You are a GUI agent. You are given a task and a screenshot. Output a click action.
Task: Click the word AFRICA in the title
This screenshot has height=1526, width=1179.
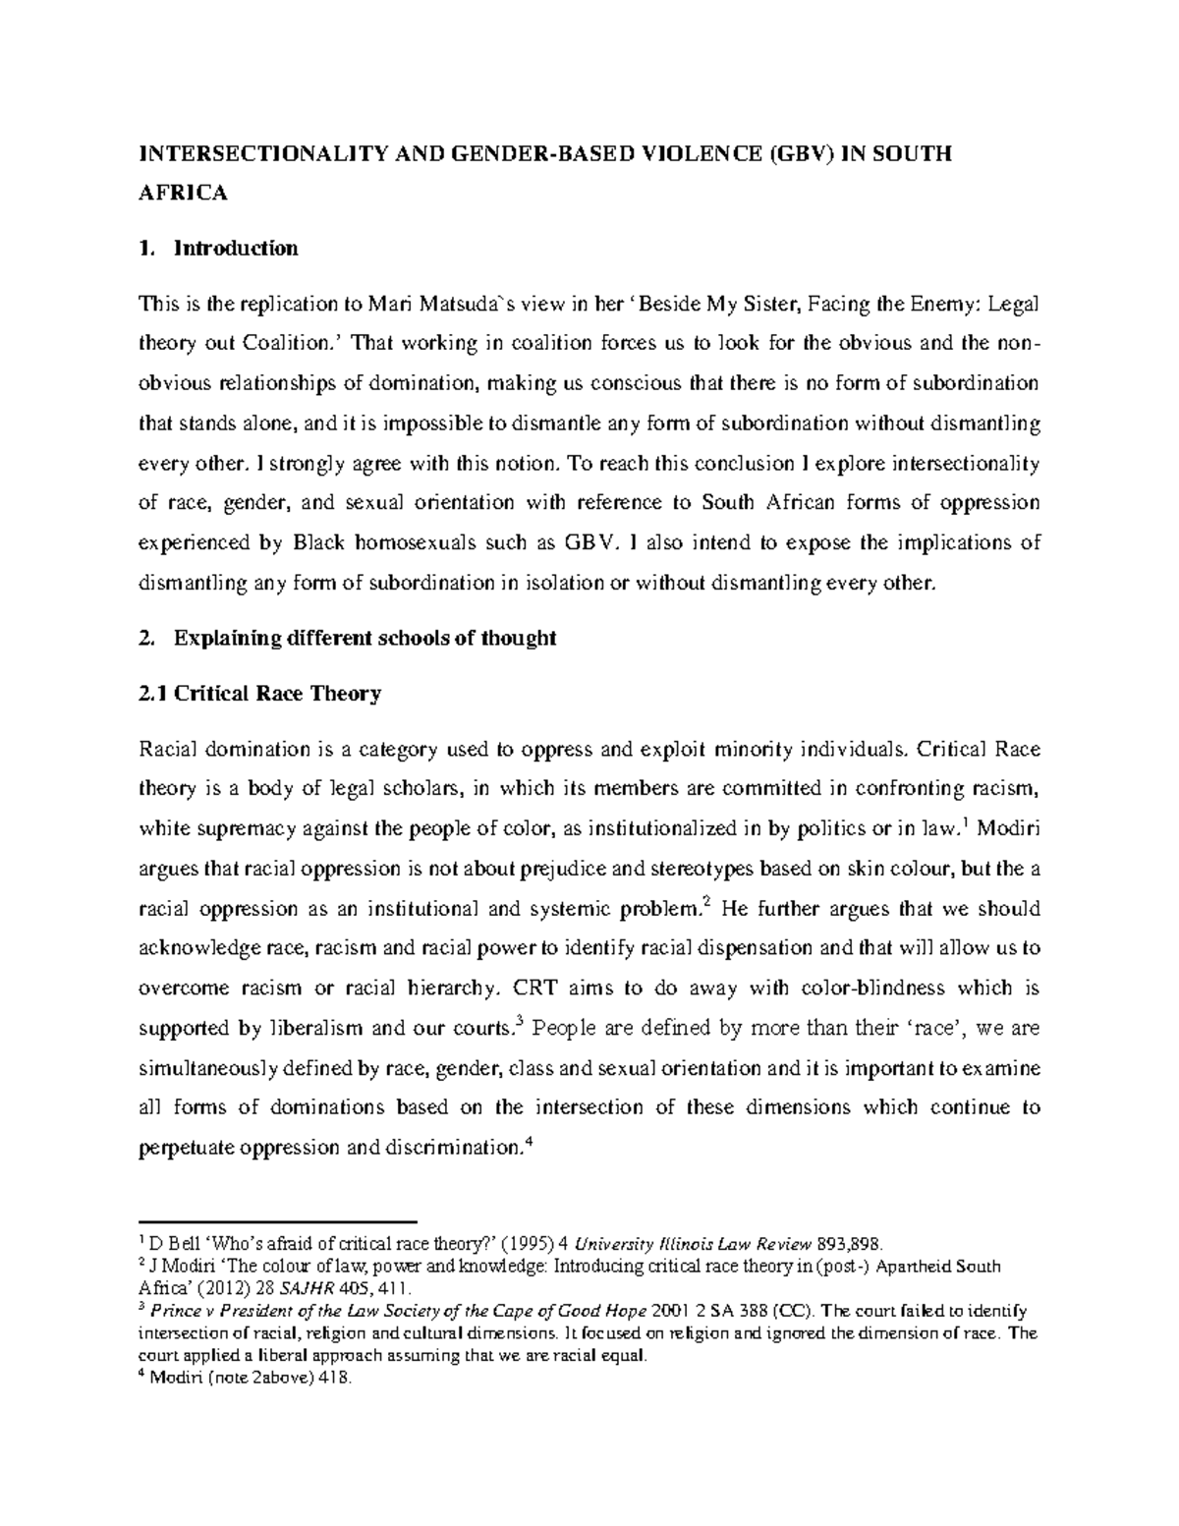184,194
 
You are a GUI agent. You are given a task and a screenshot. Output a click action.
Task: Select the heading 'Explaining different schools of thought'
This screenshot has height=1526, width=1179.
364,639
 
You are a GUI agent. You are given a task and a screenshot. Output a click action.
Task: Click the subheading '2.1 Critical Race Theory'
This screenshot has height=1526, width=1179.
260,694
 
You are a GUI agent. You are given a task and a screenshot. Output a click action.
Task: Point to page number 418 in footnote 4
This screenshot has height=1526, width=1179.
334,1379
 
